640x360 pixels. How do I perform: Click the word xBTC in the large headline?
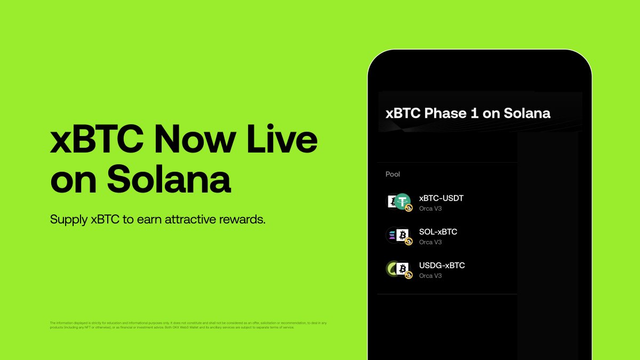(x=97, y=140)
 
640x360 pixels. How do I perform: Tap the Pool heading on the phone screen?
(x=393, y=174)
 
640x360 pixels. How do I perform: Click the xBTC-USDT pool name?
(x=441, y=198)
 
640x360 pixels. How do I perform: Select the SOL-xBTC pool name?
(x=438, y=232)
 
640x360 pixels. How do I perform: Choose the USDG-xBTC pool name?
(x=442, y=266)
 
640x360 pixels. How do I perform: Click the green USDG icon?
(x=392, y=268)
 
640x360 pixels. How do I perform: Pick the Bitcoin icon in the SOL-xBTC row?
(x=403, y=235)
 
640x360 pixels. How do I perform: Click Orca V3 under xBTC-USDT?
(x=430, y=209)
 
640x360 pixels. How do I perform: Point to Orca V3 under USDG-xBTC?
(x=430, y=276)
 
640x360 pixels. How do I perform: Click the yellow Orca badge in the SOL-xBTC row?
(x=409, y=242)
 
